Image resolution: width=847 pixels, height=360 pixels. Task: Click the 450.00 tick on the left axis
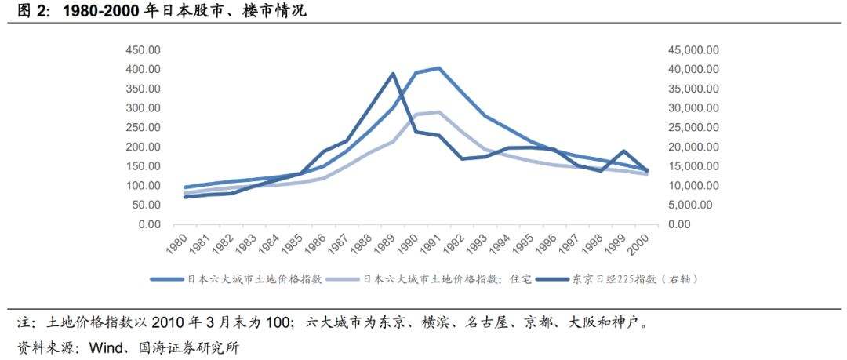[x=144, y=49]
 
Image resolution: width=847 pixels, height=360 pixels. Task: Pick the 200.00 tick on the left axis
[x=144, y=147]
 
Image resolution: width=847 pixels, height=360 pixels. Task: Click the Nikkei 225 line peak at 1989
[x=394, y=74]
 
